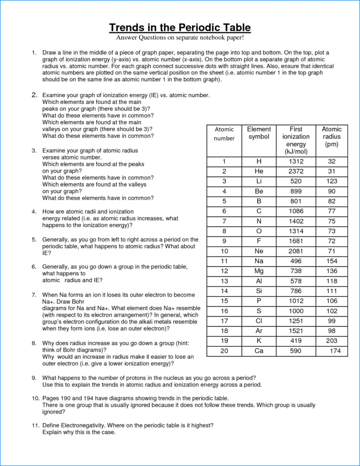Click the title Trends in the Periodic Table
pyautogui.click(x=180, y=27)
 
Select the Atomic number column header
pyautogui.click(x=224, y=134)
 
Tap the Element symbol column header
pyautogui.click(x=259, y=133)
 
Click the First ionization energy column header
pyautogui.click(x=296, y=140)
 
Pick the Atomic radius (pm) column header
pyautogui.click(x=332, y=136)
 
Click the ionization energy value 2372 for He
pyautogui.click(x=296, y=171)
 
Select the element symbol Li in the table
pyautogui.click(x=259, y=181)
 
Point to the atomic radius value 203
pyautogui.click(x=332, y=341)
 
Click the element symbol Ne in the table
pyautogui.click(x=259, y=251)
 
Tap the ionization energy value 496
pyautogui.click(x=296, y=261)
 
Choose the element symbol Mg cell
pyautogui.click(x=259, y=271)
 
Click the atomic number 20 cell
pyautogui.click(x=224, y=351)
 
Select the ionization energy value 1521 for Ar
pyautogui.click(x=296, y=331)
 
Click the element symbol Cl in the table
pyautogui.click(x=259, y=321)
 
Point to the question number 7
pyautogui.click(x=34, y=294)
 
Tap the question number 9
pyautogui.click(x=34, y=378)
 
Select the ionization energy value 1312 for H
pyautogui.click(x=296, y=161)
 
